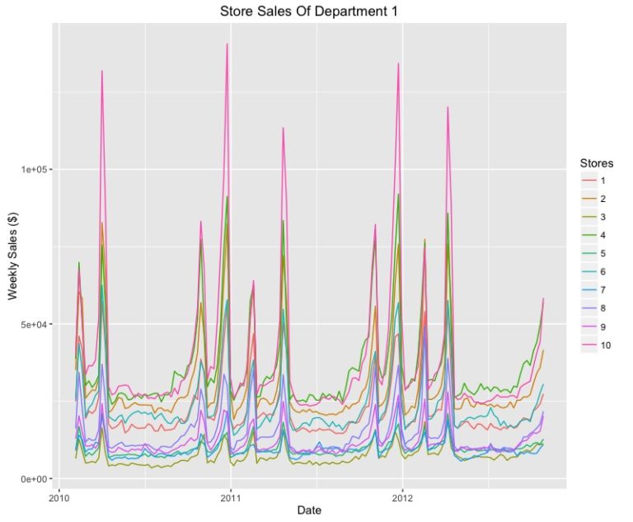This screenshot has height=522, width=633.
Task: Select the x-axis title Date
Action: coord(310,510)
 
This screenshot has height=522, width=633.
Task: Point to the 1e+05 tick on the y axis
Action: coord(36,169)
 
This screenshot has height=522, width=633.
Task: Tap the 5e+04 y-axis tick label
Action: coord(36,324)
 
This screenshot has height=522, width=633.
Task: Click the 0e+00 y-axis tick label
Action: coord(36,478)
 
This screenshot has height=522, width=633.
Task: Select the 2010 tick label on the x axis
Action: coord(59,497)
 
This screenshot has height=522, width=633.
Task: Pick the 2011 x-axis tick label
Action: coord(230,497)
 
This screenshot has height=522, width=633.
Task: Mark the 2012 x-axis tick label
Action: coord(402,497)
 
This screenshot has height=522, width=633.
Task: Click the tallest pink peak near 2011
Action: coord(227,45)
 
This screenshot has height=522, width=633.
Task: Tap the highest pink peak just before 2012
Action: coord(398,63)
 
